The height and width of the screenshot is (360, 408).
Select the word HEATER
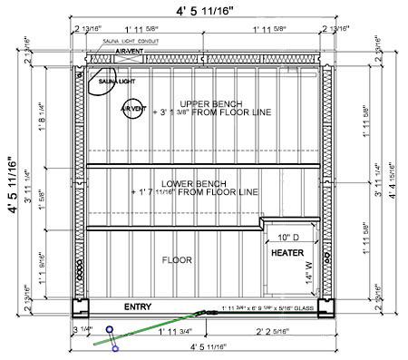288,252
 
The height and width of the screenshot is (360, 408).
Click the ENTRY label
138,307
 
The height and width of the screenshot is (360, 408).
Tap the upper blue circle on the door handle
109,330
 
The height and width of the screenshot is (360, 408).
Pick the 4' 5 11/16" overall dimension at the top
205,11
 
